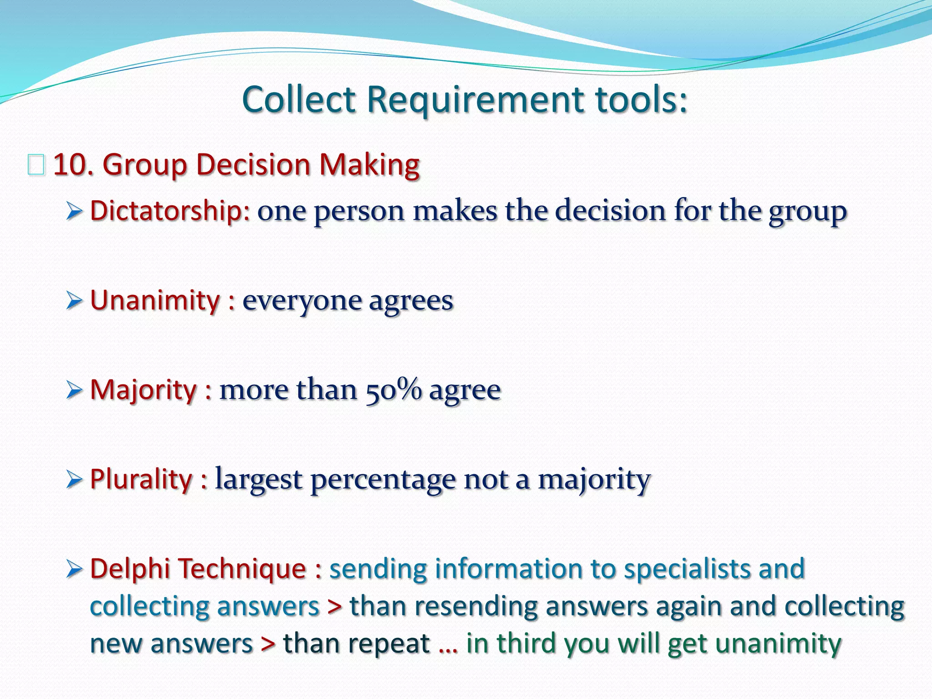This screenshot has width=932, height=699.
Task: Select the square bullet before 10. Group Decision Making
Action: click(x=36, y=165)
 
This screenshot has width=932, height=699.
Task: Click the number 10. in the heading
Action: click(x=73, y=165)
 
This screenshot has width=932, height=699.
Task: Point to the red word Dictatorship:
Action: click(x=170, y=211)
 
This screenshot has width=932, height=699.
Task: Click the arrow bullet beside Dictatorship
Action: click(x=74, y=211)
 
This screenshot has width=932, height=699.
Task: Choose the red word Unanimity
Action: click(x=155, y=300)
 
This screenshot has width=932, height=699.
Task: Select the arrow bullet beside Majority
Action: click(x=74, y=390)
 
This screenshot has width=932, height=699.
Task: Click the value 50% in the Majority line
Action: click(x=394, y=390)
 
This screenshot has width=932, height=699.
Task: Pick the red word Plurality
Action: click(x=142, y=479)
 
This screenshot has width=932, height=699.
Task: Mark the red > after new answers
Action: click(x=268, y=643)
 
